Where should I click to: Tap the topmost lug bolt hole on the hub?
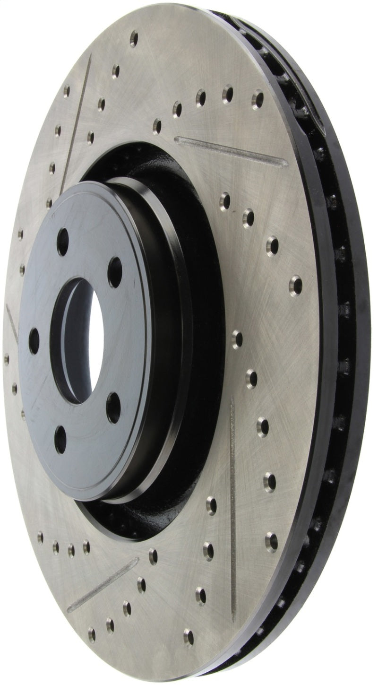63,242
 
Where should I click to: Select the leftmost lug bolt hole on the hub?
34,341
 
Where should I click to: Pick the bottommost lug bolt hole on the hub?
60,439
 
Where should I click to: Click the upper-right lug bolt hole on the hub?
115,272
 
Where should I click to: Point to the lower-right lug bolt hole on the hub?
113,407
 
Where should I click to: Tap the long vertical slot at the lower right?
232,508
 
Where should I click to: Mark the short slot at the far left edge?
12,323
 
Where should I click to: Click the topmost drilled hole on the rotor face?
134,38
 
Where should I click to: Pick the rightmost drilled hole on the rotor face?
295,285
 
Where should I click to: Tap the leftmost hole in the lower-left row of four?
40,537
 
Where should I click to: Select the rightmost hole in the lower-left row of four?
86,547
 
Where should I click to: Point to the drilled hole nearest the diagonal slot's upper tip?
153,556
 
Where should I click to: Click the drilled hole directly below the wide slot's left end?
225,201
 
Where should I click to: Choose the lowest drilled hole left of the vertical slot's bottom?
189,636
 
